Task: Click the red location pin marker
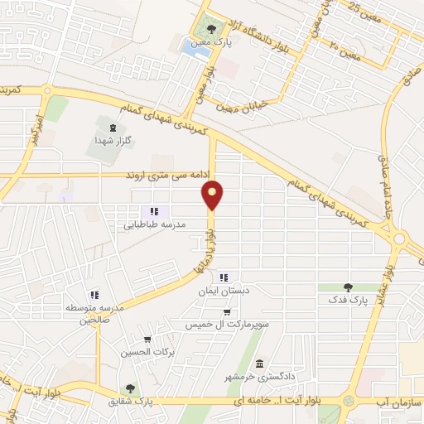tap(213, 195)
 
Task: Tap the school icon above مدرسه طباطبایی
tap(154, 211)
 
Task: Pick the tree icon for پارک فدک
tap(358, 286)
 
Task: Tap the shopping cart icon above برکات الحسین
tap(147, 339)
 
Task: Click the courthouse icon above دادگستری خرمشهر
tap(259, 364)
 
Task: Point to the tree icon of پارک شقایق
tap(129, 388)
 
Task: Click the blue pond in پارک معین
tap(195, 50)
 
